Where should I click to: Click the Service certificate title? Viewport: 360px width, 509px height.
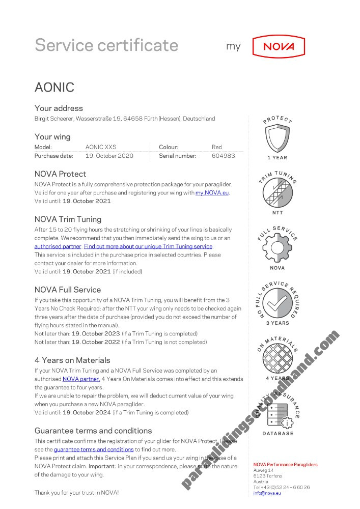point(106,45)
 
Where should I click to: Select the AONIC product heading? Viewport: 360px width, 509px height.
point(54,87)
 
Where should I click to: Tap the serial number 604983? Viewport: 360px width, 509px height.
point(223,156)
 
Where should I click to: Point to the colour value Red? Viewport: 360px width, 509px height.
point(217,147)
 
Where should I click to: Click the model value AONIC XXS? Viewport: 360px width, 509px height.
point(101,147)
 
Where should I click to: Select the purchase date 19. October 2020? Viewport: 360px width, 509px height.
point(109,156)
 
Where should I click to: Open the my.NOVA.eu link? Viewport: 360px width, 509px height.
point(212,193)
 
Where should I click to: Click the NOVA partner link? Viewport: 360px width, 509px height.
point(81,379)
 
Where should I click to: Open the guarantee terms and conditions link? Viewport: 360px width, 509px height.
point(94,449)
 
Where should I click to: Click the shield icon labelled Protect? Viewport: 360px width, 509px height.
point(277,139)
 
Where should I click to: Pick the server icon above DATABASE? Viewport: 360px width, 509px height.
point(278,413)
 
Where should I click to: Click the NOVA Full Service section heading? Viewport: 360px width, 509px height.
point(68,290)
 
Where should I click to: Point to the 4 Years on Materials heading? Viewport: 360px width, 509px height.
point(72,360)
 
